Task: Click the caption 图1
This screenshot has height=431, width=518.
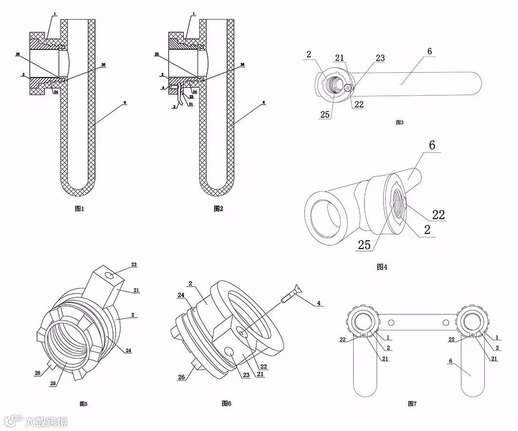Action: [79, 209]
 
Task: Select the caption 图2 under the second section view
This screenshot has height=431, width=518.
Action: [218, 209]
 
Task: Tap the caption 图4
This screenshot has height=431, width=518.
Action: [382, 267]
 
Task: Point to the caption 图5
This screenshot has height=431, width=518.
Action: [83, 403]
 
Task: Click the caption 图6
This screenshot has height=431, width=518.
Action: [226, 403]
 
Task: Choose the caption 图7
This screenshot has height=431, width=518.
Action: [412, 404]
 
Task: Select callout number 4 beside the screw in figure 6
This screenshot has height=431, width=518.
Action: [319, 303]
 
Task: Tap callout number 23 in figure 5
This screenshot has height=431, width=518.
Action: [134, 265]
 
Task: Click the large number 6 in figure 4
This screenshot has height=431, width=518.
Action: [432, 145]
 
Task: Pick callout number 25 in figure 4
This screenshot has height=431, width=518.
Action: [364, 244]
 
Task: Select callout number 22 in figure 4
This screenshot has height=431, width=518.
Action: [439, 215]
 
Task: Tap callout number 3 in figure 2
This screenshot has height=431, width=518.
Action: [173, 106]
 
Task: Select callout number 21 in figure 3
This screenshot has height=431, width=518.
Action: [340, 58]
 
